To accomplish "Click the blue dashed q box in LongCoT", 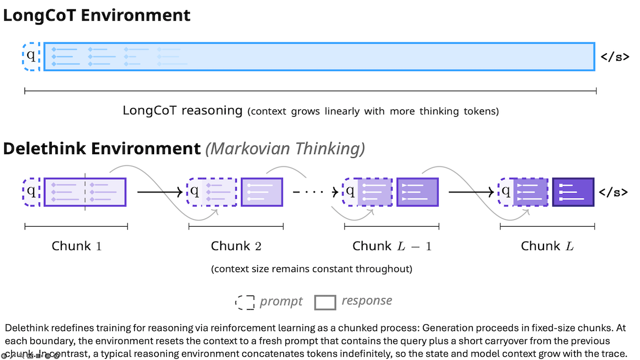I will [x=31, y=56].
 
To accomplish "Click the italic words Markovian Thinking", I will [x=285, y=149].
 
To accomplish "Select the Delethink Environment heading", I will [x=101, y=149].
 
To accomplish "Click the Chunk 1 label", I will [x=76, y=246].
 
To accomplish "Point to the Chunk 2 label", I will [x=236, y=246].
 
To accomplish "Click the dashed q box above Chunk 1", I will [x=31, y=192].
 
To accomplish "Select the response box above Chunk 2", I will [x=261, y=192].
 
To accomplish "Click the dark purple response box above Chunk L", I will [x=573, y=192].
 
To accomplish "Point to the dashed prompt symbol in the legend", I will [x=245, y=302].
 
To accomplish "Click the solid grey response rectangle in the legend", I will [x=325, y=302].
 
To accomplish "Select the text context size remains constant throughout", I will [x=311, y=269].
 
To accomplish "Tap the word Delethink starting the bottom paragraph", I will [x=24, y=327].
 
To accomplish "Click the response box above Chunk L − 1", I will [x=417, y=192].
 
